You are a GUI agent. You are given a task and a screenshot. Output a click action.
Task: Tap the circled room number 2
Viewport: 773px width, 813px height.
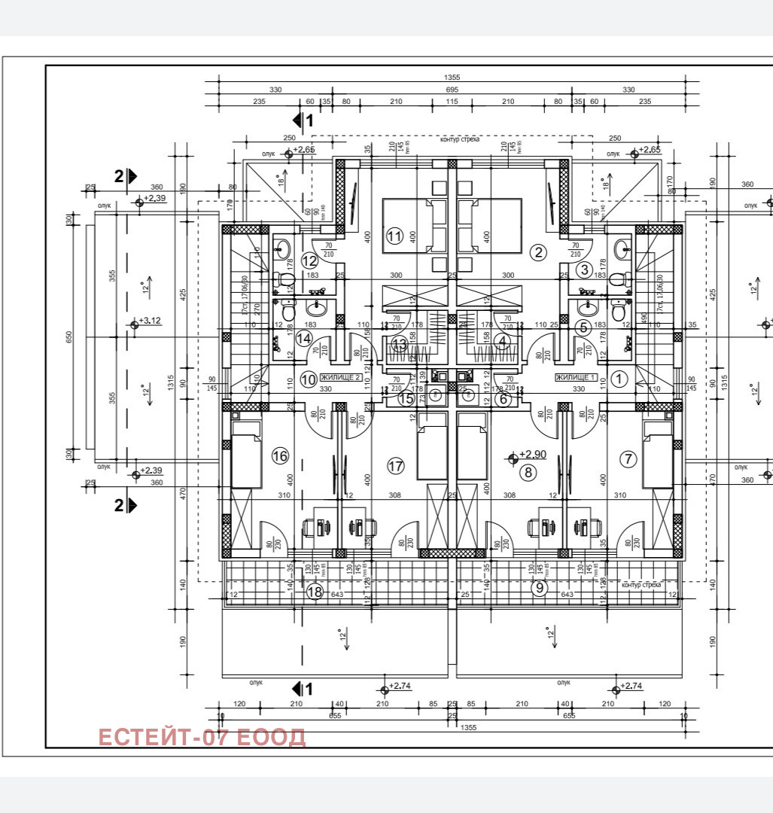pyautogui.click(x=537, y=252)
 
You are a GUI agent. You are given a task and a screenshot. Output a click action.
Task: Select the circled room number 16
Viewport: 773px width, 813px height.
pyautogui.click(x=280, y=455)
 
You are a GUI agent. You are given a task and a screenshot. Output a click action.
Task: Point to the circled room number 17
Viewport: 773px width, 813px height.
pyautogui.click(x=396, y=466)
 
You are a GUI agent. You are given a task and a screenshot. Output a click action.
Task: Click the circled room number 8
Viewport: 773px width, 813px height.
pyautogui.click(x=528, y=472)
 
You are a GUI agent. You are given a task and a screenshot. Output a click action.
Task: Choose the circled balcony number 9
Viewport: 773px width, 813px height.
pyautogui.click(x=539, y=588)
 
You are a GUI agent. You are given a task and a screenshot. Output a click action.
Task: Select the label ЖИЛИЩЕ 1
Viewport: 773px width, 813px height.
pyautogui.click(x=577, y=377)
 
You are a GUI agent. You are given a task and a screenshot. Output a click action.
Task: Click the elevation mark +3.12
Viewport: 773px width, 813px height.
pyautogui.click(x=150, y=321)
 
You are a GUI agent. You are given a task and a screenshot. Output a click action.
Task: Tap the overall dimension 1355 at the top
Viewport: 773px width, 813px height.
pyautogui.click(x=452, y=77)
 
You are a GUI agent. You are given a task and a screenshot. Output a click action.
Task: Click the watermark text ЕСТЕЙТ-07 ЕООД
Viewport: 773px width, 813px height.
pyautogui.click(x=202, y=737)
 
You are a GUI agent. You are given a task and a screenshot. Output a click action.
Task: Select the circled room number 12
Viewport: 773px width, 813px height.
pyautogui.click(x=309, y=260)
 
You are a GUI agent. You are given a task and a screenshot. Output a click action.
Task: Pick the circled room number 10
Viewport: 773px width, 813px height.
pyautogui.click(x=308, y=379)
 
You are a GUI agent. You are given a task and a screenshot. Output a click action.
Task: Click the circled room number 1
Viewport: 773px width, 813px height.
pyautogui.click(x=618, y=379)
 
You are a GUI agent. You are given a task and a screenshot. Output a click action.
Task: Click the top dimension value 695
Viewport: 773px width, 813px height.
pyautogui.click(x=452, y=90)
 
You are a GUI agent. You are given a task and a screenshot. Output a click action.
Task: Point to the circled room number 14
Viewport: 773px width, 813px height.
pyautogui.click(x=303, y=339)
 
